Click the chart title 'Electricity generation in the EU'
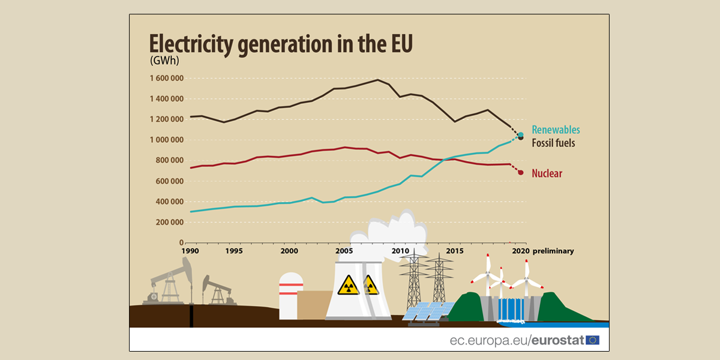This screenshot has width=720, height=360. tap(281, 45)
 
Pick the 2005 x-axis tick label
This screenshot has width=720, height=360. tap(343, 251)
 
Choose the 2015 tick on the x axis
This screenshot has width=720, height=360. tap(454, 251)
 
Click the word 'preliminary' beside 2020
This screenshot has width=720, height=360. tap(553, 251)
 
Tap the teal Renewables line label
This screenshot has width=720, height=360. tap(556, 130)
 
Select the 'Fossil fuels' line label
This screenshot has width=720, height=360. tap(553, 143)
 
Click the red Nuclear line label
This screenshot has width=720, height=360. tap(547, 173)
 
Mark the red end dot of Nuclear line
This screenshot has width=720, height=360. tap(521, 173)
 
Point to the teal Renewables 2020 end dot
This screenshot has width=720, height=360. tap(521, 135)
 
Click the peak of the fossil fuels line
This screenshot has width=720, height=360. tap(377, 80)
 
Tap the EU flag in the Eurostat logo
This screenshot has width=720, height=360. tap(592, 340)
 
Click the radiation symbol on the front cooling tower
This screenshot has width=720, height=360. tap(347, 285)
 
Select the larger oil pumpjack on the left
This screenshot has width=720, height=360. tap(172, 282)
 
